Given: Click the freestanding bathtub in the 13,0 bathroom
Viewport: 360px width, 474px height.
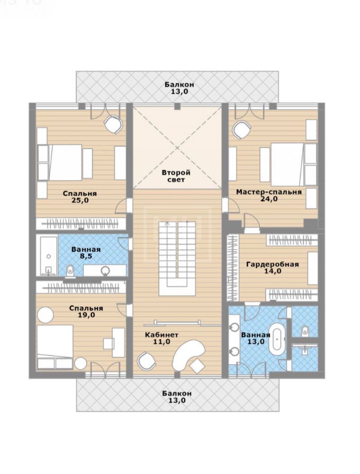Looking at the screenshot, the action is (278, 341).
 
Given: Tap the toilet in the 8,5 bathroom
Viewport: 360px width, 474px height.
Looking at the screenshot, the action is (70, 270).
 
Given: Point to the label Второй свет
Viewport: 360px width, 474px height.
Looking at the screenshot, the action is (176, 176).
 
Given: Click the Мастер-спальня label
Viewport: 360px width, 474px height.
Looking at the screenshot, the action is (269, 192).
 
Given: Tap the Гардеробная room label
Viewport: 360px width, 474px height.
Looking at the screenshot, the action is (272, 264).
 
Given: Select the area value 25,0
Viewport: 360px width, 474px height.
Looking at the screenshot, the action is (80, 200).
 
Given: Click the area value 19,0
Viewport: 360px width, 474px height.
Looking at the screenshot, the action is (86, 315).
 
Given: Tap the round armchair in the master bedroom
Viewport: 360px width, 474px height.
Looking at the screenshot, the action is (242, 130).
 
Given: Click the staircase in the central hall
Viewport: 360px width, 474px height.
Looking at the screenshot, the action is (177, 258).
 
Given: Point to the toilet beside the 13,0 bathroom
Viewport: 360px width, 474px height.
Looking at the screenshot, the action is (305, 330).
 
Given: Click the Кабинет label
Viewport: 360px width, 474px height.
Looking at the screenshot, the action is (162, 335).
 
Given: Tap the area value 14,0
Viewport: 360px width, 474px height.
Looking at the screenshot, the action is (273, 271).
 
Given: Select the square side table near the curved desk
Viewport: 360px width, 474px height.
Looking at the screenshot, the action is (198, 365).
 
